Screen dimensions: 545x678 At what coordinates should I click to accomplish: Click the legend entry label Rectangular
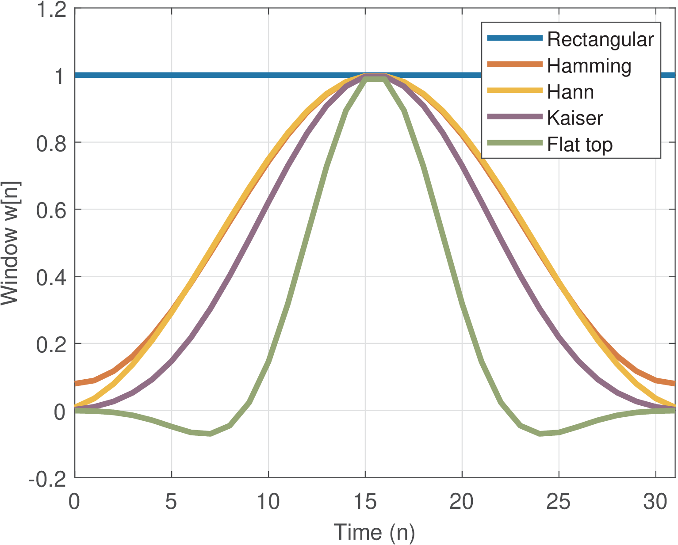coord(600,39)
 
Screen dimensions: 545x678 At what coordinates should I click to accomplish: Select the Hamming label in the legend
coord(589,66)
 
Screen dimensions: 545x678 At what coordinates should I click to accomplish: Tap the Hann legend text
coord(570,92)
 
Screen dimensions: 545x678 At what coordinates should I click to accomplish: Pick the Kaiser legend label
coord(575,118)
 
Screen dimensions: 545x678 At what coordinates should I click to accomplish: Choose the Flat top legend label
coord(580,145)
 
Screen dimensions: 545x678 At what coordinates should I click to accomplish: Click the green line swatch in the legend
coord(515,143)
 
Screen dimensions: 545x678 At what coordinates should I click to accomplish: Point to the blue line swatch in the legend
coord(515,38)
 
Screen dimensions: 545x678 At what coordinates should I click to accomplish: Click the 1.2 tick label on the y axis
coord(51,10)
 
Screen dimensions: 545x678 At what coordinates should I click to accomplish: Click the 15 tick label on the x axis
coord(365,502)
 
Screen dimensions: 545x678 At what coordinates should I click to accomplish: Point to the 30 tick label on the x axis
coord(655,502)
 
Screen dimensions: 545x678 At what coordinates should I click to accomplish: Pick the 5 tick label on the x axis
coord(172,502)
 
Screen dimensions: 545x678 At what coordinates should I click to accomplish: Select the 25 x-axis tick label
coord(558,502)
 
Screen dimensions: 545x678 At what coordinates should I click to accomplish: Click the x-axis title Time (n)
coord(374,532)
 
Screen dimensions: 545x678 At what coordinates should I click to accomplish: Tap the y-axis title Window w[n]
coord(10,243)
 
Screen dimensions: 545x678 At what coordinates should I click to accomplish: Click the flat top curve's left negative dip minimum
coord(210,434)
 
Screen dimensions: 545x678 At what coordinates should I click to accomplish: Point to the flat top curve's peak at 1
coord(374,78)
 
